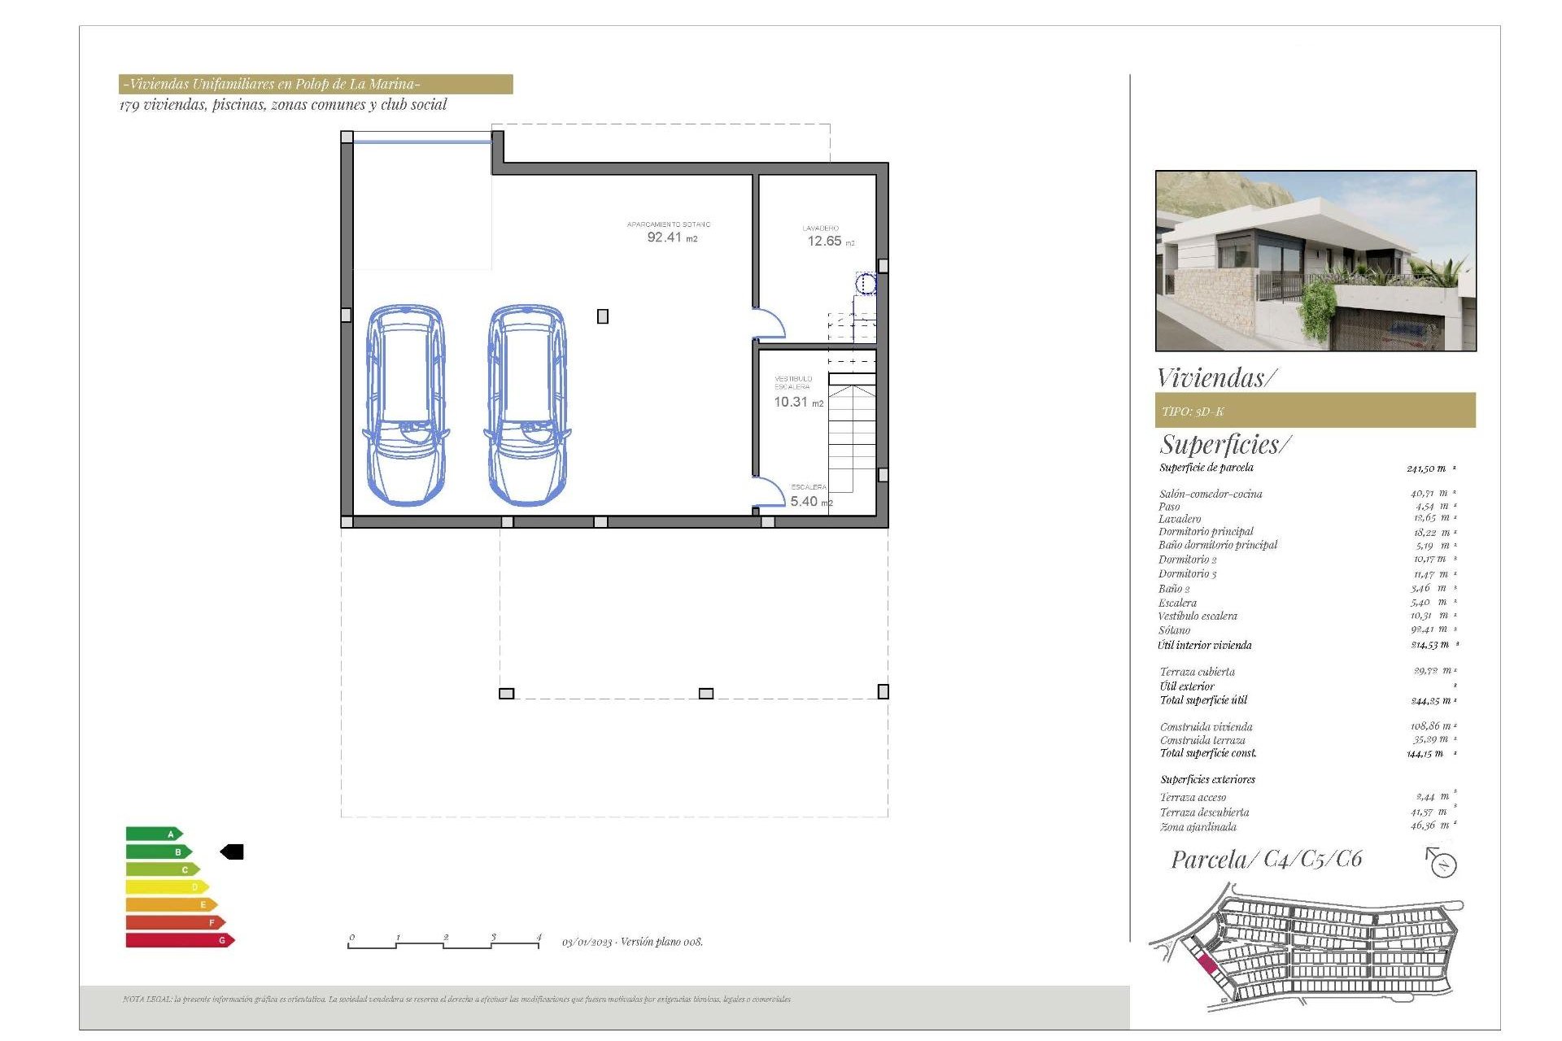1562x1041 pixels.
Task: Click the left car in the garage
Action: [x=405, y=405]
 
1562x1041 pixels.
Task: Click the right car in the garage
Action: [x=527, y=405]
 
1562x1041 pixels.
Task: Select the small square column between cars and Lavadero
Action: [x=603, y=316]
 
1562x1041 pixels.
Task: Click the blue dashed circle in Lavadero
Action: [x=866, y=284]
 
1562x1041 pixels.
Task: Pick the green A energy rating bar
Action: [x=153, y=834]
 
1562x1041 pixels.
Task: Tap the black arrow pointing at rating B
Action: [x=233, y=852]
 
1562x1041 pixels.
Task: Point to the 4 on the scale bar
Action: [x=538, y=937]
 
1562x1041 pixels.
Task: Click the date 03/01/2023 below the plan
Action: [x=587, y=942]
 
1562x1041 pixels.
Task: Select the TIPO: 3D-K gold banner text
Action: [x=1193, y=412]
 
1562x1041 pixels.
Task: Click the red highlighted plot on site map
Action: [x=1207, y=965]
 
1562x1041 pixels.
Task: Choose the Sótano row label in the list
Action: [x=1174, y=630]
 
